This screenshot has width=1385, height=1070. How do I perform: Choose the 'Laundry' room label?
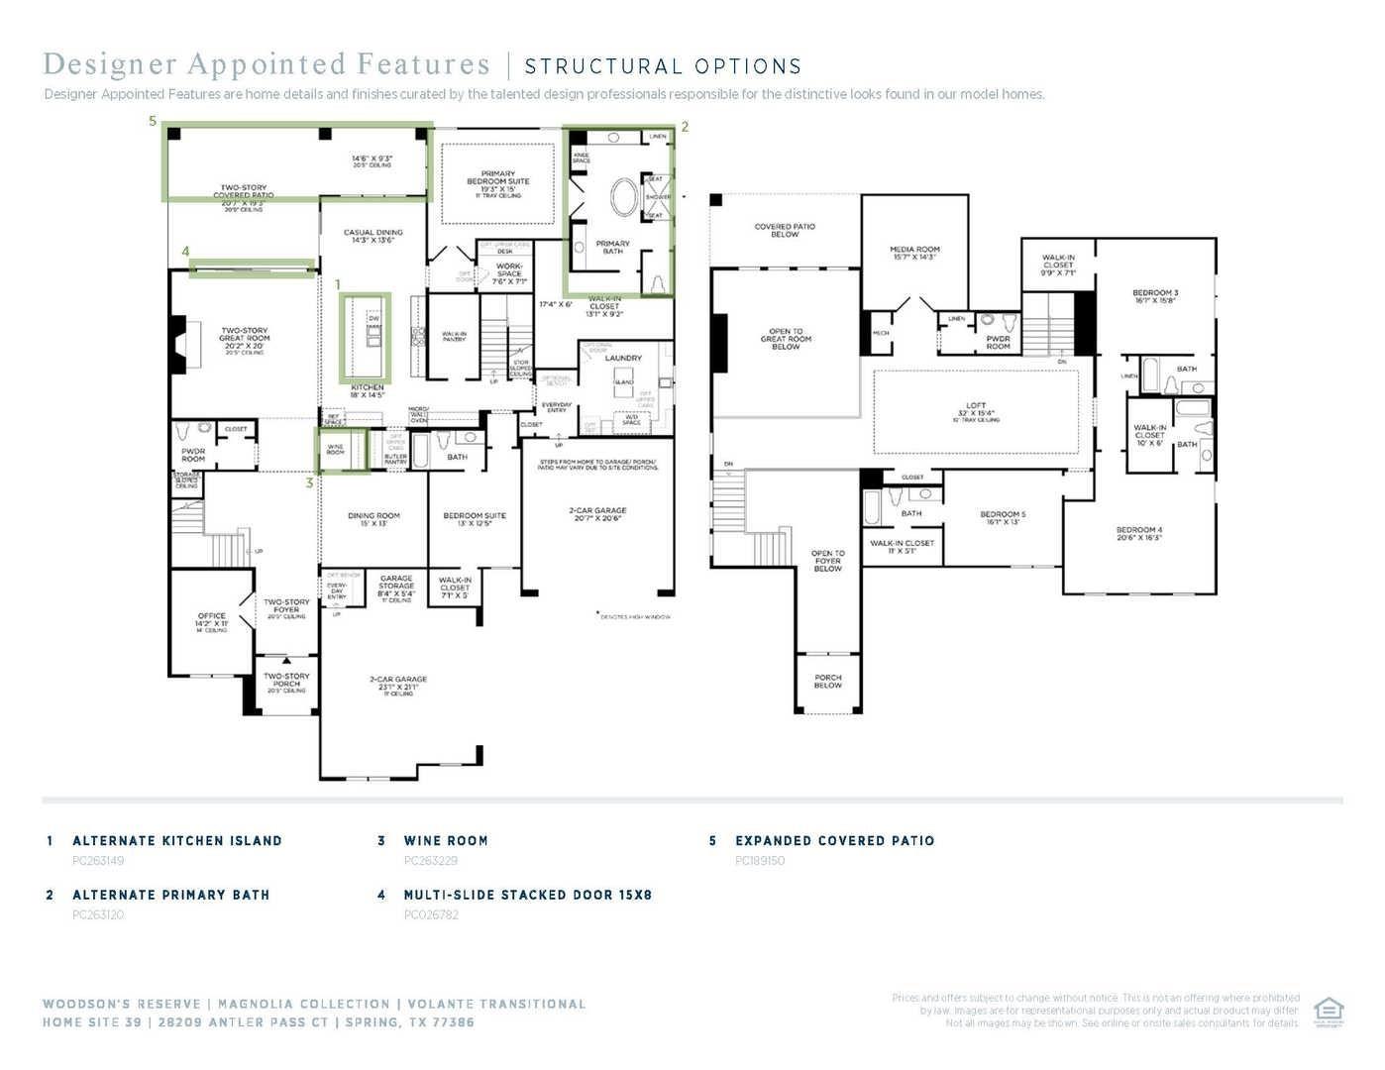click(623, 358)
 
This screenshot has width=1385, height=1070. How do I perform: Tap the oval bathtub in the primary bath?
click(625, 197)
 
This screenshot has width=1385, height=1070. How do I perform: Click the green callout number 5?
click(153, 121)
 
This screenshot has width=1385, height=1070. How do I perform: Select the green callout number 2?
click(685, 127)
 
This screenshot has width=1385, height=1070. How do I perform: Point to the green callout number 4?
click(185, 252)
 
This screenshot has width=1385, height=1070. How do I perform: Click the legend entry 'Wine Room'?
click(446, 840)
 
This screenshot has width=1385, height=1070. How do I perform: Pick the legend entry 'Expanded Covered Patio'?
click(834, 840)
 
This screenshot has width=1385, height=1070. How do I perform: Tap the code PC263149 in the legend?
click(98, 861)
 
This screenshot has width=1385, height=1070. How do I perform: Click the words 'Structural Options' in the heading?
click(663, 66)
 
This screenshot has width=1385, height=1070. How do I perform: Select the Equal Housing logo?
click(1328, 1012)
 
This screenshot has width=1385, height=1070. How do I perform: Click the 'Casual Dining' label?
click(373, 236)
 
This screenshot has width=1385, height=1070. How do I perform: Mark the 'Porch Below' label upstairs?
click(827, 681)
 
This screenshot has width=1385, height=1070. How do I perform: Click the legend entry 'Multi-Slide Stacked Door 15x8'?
click(527, 895)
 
